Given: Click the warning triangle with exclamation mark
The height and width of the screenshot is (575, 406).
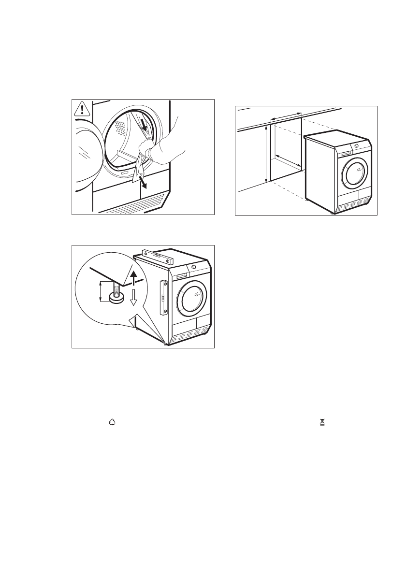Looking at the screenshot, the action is (83, 109).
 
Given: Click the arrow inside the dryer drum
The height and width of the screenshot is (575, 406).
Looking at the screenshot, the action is (144, 124).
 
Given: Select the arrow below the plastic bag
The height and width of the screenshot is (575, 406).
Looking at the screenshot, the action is (143, 183).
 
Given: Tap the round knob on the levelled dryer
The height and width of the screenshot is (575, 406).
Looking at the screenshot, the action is (194, 266).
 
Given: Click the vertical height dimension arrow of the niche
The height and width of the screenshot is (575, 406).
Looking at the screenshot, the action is (266, 154).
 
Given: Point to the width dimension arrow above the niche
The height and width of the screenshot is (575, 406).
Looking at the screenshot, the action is (286, 116).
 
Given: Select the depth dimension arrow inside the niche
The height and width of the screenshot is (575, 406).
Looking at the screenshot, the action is (289, 162).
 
